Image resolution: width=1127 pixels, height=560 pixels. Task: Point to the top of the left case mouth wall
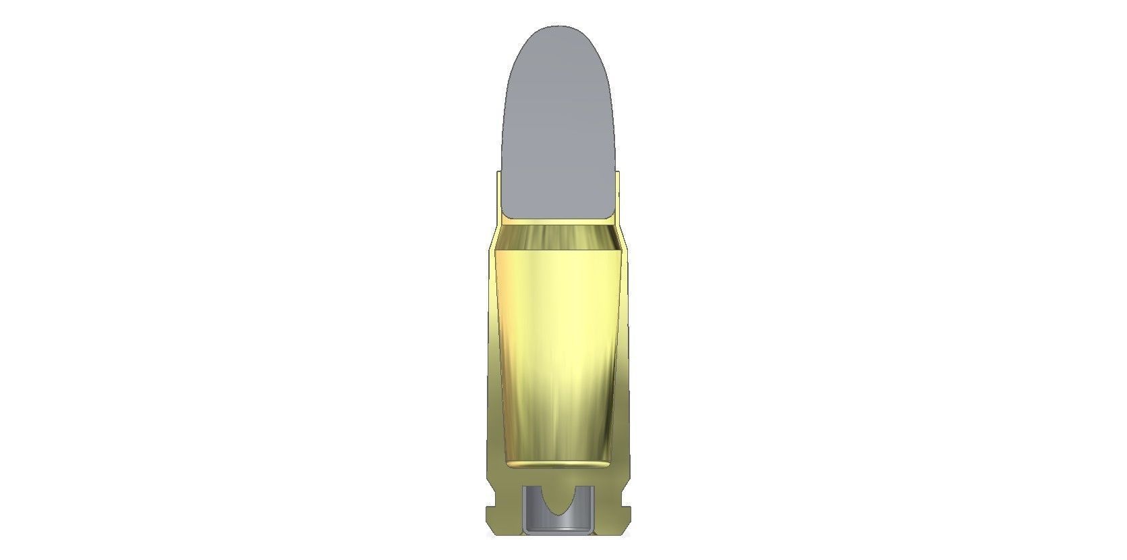(x=499, y=173)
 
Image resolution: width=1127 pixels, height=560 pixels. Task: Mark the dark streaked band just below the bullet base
(x=558, y=237)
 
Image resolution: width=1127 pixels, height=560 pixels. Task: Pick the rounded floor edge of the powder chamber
(x=558, y=464)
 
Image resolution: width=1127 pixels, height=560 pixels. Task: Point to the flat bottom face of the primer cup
(x=558, y=533)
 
